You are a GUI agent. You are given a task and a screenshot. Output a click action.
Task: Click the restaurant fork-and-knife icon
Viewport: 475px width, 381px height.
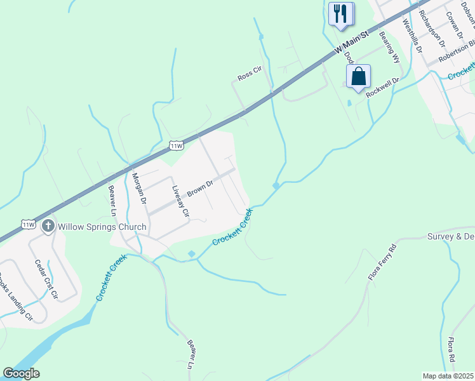tap(341, 13)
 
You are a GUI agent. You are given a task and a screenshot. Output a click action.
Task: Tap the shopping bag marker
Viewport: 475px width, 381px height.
tap(358, 76)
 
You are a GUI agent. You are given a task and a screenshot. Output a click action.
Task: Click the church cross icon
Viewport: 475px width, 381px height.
tap(48, 226)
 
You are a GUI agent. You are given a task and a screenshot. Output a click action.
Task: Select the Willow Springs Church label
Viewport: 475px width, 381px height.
tap(102, 227)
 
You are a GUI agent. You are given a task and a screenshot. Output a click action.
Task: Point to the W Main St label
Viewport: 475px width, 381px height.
tap(352, 43)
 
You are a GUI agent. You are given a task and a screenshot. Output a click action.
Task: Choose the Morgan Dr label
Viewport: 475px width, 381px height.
tap(140, 188)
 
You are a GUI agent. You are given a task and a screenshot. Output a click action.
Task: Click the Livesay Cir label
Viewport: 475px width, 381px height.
tap(180, 201)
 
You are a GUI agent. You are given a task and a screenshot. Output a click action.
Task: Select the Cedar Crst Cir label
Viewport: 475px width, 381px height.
tap(46, 279)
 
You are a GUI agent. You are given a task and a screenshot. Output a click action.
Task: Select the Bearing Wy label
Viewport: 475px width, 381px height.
tap(389, 48)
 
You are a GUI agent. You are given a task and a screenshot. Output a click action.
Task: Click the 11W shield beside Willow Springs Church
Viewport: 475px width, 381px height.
tap(28, 224)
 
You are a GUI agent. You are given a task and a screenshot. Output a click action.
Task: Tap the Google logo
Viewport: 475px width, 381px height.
tap(21, 373)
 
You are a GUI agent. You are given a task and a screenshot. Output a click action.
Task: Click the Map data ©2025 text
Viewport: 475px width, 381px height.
tap(448, 376)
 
